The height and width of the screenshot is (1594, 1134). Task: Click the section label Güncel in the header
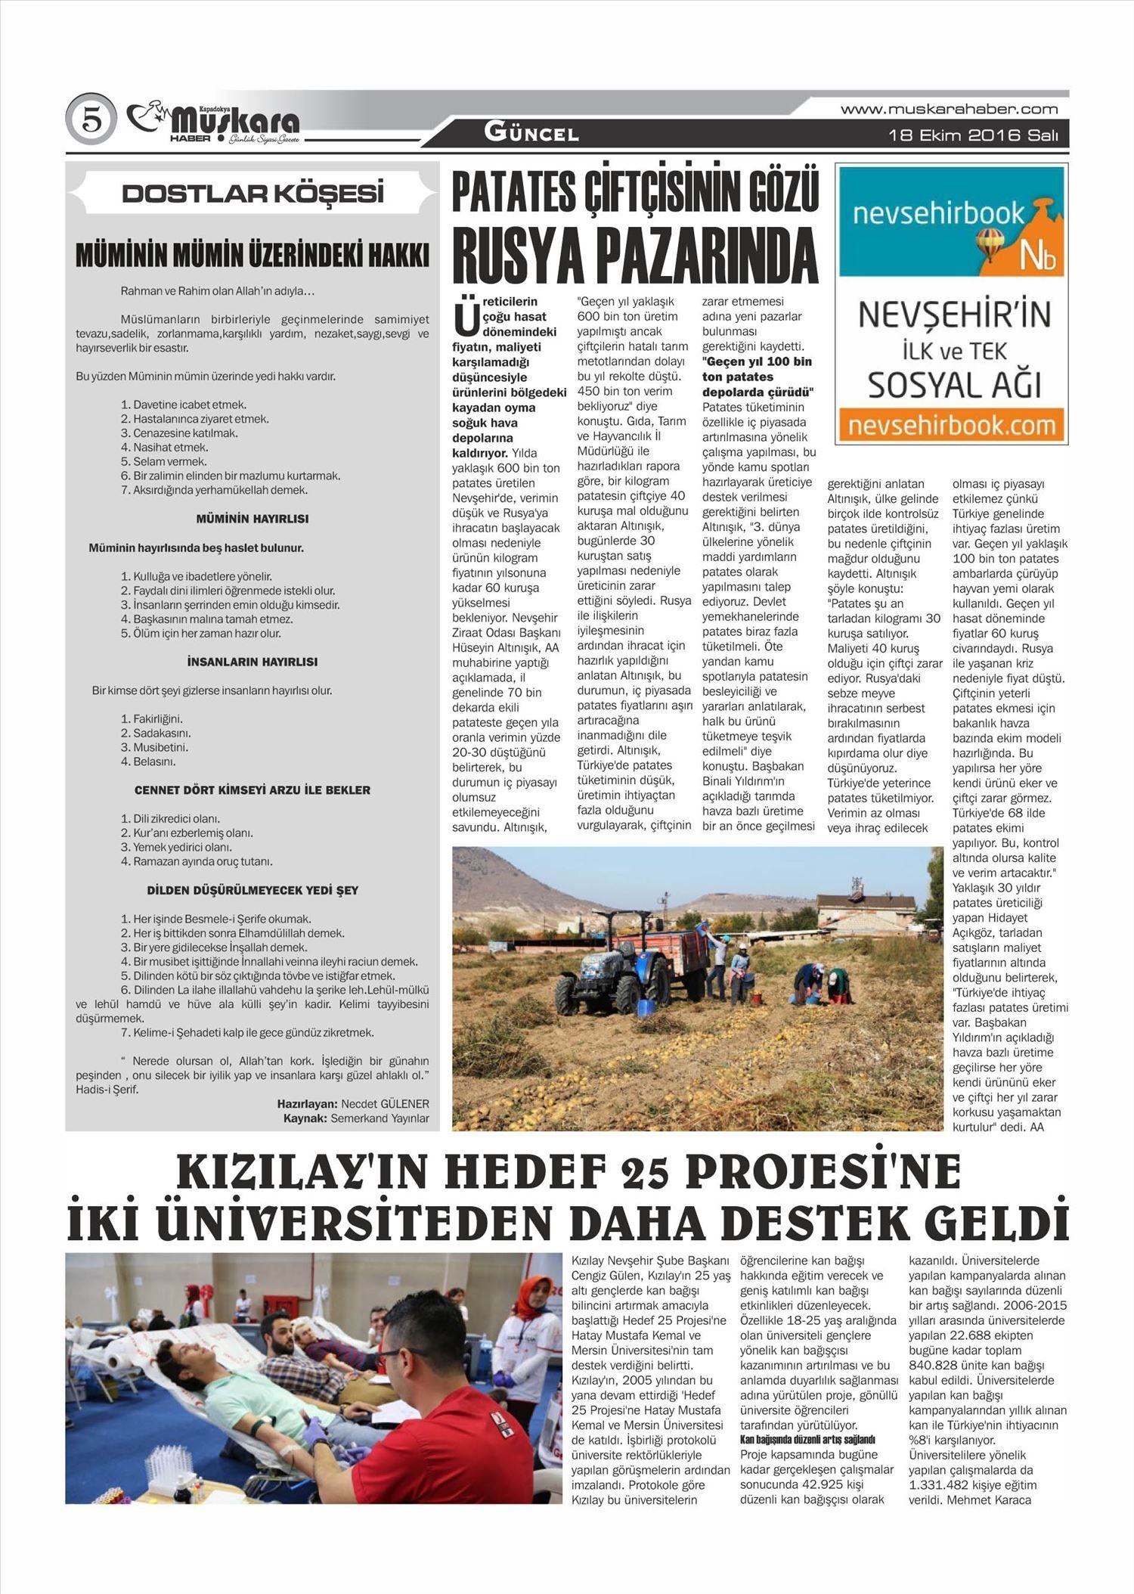(531, 134)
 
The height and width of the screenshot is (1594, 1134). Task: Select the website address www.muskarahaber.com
(949, 110)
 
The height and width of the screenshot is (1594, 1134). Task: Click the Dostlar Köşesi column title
(253, 194)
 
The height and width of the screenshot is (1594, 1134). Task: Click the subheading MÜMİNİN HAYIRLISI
(252, 519)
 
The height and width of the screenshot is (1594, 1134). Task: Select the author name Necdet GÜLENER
(385, 1104)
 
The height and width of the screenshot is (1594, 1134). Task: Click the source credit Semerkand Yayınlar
(380, 1118)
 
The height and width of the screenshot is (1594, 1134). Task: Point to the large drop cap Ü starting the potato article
(466, 318)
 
